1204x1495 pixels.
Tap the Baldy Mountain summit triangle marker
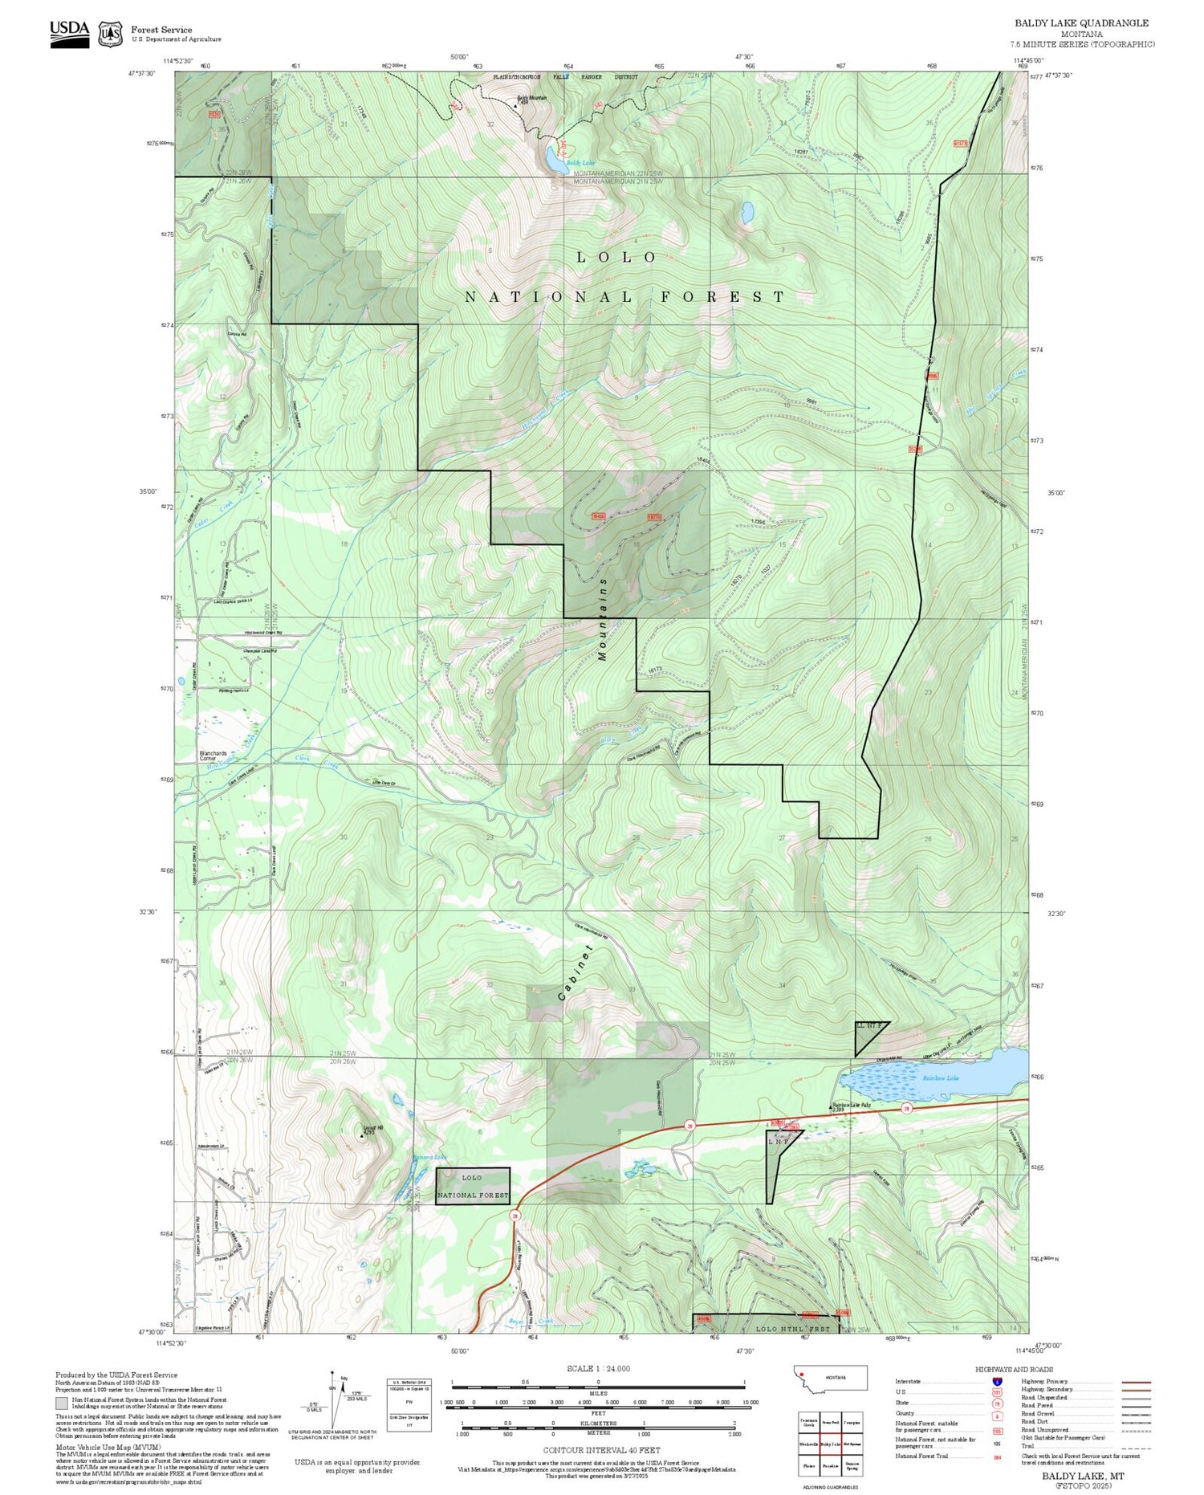click(515, 104)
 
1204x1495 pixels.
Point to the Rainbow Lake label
click(940, 1078)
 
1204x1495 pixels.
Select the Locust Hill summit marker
click(360, 1136)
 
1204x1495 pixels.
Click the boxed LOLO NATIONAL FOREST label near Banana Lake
click(473, 1186)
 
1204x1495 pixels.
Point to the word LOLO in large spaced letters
click(617, 258)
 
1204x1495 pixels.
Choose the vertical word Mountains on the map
click(603, 618)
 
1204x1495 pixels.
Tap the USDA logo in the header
click(70, 34)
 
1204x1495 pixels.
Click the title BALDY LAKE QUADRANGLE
click(1081, 23)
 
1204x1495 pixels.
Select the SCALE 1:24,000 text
click(598, 1368)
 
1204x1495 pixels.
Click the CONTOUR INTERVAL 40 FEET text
click(601, 1450)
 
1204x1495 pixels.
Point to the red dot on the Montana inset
click(802, 1372)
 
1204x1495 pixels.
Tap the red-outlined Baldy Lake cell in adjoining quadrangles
click(830, 1443)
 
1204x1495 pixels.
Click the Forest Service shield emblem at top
click(109, 35)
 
